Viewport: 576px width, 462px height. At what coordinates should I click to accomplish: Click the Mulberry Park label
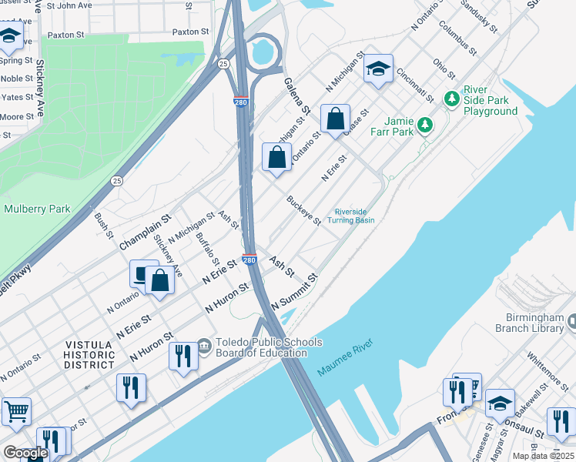(x=37, y=209)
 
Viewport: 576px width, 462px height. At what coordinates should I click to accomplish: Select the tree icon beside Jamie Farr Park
(x=424, y=124)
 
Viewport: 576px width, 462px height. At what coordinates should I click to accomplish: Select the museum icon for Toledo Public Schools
(x=204, y=344)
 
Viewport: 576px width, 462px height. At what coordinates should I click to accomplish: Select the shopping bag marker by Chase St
(x=335, y=119)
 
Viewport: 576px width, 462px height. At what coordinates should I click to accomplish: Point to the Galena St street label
(x=296, y=95)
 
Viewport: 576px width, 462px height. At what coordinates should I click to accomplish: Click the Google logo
(x=25, y=453)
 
